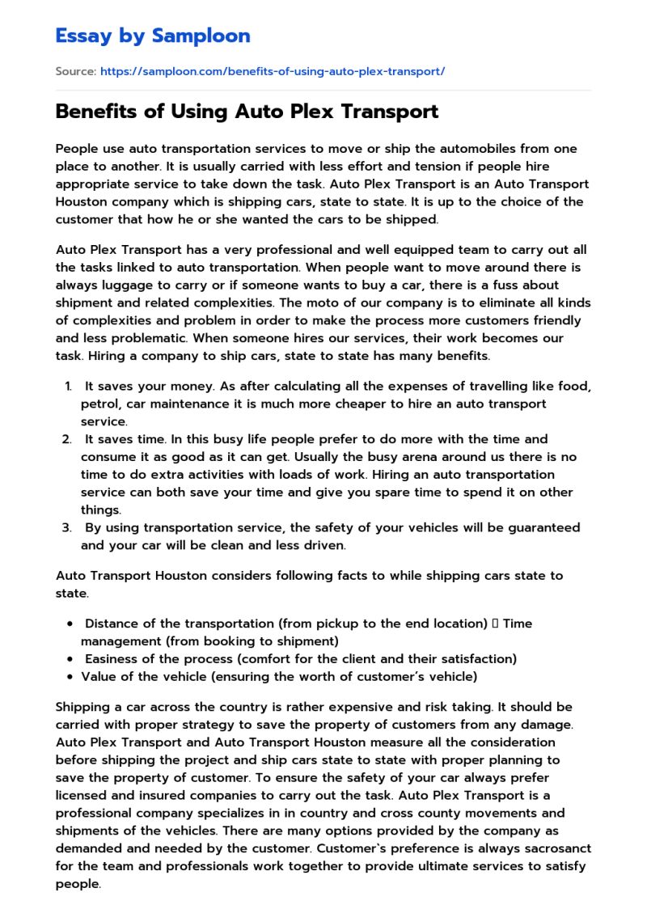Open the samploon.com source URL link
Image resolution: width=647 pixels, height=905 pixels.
pyautogui.click(x=273, y=71)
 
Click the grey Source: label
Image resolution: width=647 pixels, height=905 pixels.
pyautogui.click(x=75, y=71)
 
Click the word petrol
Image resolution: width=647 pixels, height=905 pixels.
pyautogui.click(x=100, y=404)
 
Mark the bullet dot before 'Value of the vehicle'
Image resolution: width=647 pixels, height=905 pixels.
pyautogui.click(x=72, y=676)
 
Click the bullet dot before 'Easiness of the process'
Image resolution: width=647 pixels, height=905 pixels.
pyautogui.click(x=72, y=658)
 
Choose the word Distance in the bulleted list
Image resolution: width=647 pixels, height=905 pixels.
pyautogui.click(x=115, y=624)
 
